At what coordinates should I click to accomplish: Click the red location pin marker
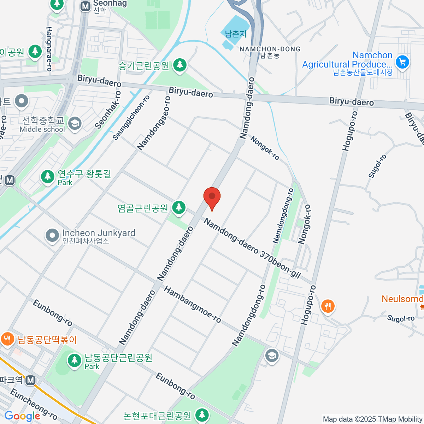[x=212, y=197]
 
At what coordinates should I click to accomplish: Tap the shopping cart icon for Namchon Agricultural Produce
[x=402, y=62]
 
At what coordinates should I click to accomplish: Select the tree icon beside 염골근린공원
[x=179, y=207]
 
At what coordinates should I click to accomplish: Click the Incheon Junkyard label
[x=99, y=233]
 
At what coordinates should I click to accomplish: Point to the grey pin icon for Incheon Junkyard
[x=52, y=235]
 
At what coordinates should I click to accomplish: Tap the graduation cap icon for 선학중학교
[x=75, y=124]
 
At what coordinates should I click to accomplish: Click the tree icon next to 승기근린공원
[x=180, y=65]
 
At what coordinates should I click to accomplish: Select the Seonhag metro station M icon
[x=85, y=6]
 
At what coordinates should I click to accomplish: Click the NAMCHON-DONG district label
[x=270, y=49]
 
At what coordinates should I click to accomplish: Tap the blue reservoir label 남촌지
[x=236, y=34]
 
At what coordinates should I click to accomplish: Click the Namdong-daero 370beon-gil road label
[x=252, y=248]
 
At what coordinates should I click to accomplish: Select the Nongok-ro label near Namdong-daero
[x=265, y=148]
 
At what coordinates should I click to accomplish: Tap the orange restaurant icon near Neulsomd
[x=328, y=306]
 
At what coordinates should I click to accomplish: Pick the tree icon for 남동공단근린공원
[x=74, y=361]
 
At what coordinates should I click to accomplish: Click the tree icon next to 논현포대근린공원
[x=202, y=415]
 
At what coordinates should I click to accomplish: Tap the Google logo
[x=22, y=416]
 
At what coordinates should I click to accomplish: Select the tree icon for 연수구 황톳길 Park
[x=47, y=177]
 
